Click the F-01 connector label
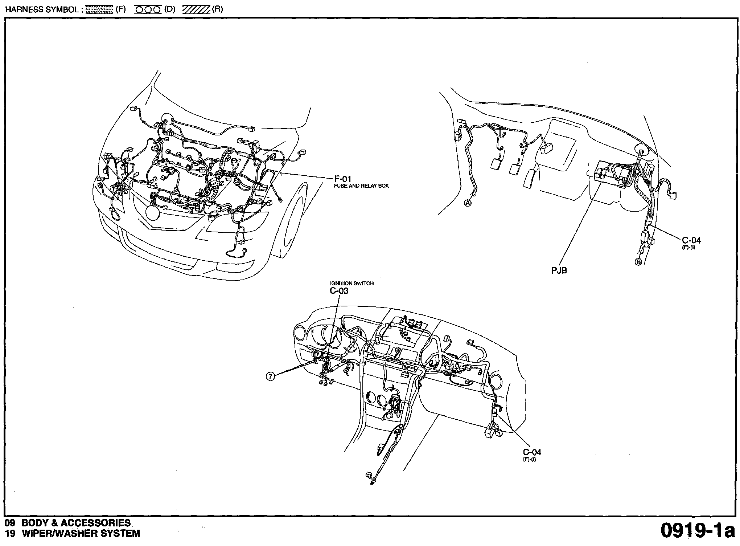(342, 179)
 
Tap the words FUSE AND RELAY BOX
(361, 186)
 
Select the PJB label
(559, 270)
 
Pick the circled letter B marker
(638, 262)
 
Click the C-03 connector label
(339, 290)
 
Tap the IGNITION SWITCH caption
(351, 283)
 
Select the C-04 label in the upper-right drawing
(691, 240)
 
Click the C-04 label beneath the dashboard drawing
(532, 452)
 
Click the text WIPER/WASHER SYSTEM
(81, 533)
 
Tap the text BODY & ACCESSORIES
(76, 523)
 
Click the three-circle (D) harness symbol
(148, 10)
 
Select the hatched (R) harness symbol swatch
(196, 10)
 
